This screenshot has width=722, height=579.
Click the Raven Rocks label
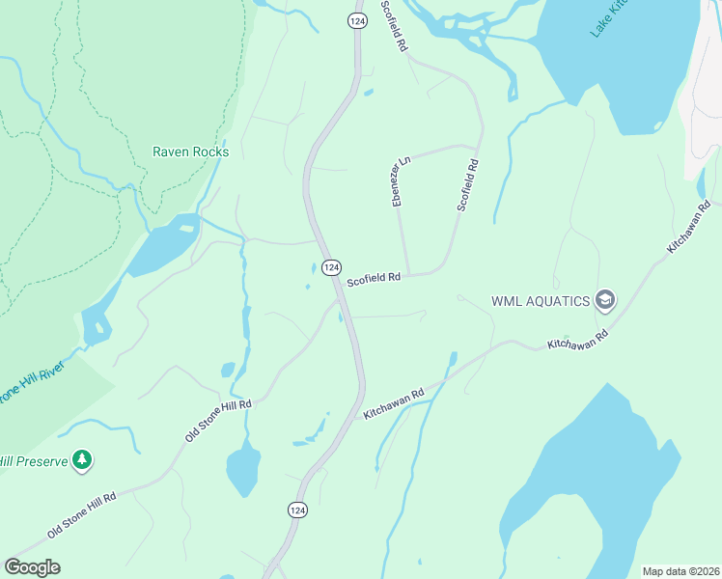(190, 152)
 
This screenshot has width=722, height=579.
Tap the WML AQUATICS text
(540, 301)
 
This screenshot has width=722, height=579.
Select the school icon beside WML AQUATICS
(605, 300)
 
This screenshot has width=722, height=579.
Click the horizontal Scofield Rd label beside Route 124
(374, 278)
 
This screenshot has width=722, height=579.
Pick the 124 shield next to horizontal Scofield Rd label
(331, 266)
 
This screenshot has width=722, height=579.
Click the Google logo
(32, 566)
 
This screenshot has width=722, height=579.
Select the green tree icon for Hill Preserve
(84, 460)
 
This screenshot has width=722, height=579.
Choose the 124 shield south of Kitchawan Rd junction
(297, 509)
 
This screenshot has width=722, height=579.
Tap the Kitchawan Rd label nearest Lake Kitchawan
(688, 228)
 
